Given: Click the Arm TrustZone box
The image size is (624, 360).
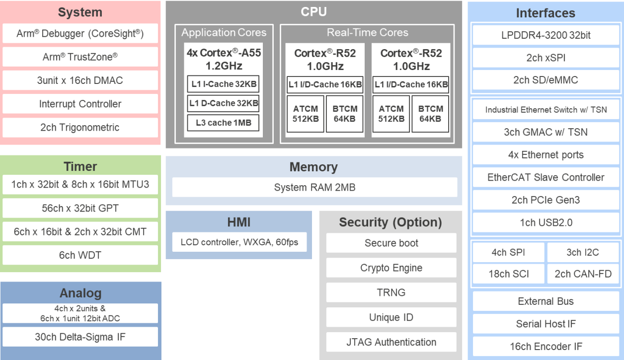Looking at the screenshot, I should point(80,57).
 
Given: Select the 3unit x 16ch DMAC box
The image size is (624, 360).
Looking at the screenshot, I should point(80,80).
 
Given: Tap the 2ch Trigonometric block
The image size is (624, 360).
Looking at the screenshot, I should point(80,128).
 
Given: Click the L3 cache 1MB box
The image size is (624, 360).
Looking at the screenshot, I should point(223,123).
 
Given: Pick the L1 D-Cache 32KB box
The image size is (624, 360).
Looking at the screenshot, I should point(223,103).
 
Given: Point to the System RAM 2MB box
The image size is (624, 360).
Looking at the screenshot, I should point(314,188).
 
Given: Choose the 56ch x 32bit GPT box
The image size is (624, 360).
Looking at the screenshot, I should point(80,209).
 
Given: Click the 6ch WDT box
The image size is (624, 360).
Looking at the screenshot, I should point(80,255).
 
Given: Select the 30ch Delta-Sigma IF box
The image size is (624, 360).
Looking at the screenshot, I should point(80,337).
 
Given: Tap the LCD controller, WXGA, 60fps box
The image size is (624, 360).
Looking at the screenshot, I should point(238,243).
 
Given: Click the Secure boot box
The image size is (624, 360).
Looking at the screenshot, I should point(391,243).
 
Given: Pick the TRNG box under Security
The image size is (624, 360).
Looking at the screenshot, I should point(391,292).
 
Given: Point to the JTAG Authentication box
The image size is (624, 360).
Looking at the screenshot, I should point(391,342).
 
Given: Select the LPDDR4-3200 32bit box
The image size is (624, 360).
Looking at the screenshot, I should point(546,35).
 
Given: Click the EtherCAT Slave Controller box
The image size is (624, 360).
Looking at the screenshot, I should point(546,178).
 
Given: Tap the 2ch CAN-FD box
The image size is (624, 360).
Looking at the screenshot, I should point(583,274).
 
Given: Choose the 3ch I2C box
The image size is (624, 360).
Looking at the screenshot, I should point(583,252).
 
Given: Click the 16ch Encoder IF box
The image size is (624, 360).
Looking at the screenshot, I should point(546,347).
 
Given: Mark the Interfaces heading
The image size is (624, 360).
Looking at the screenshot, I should point(546,13).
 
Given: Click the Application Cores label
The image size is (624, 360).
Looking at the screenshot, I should point(224,33).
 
